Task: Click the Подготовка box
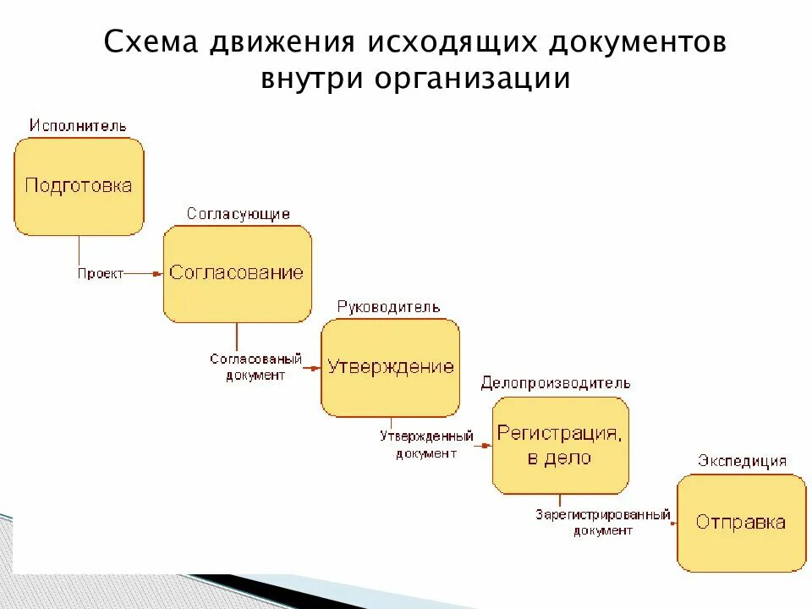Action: [x=79, y=186]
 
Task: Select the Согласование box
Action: [x=237, y=273]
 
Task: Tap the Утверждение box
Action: [x=390, y=367]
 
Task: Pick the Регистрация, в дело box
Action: [x=560, y=446]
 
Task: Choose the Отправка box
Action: [x=741, y=522]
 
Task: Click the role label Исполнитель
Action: [x=78, y=126]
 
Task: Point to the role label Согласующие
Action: [x=238, y=214]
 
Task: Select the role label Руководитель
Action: [x=388, y=307]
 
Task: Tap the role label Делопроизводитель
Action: [x=556, y=383]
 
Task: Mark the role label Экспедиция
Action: [x=742, y=461]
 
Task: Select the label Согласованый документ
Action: [x=255, y=367]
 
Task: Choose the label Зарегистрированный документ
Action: [x=602, y=522]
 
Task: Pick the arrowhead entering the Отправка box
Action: [x=672, y=523]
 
